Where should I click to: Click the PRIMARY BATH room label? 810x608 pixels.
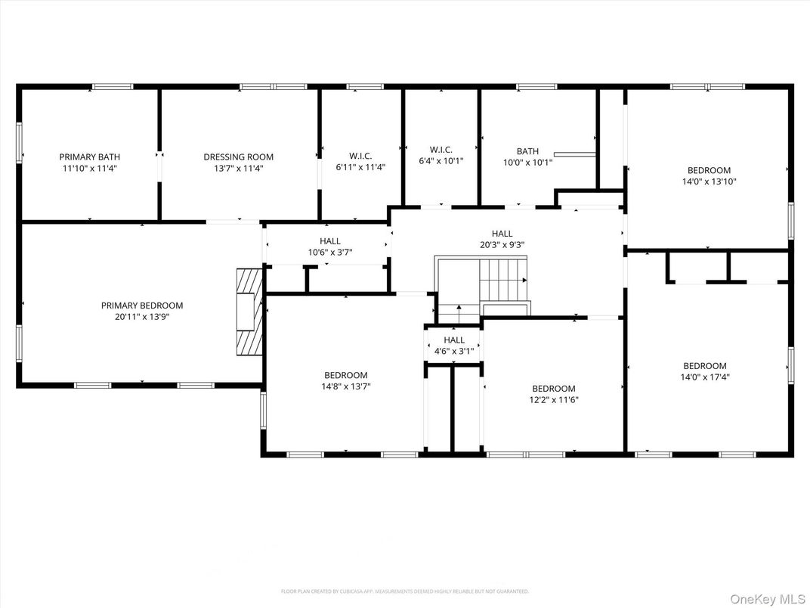[x=89, y=157]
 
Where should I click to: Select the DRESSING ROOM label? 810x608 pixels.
[x=238, y=157]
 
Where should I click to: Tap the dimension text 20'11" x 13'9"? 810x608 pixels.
[x=142, y=317]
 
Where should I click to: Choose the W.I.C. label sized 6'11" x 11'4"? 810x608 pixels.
[x=360, y=157]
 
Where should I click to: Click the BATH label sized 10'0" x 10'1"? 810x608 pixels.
[x=527, y=151]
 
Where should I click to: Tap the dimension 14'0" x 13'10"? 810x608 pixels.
[x=709, y=181]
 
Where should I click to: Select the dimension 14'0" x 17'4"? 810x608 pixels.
[x=705, y=377]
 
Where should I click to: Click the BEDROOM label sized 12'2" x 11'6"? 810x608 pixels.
[x=553, y=389]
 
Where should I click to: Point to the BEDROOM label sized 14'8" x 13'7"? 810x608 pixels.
[x=346, y=375]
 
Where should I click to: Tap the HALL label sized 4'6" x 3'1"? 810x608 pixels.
[x=454, y=340]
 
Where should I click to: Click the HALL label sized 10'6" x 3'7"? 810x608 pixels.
[x=329, y=241]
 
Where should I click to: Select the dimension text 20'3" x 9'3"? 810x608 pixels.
[x=502, y=245]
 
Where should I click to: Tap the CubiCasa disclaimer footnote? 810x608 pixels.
[x=405, y=591]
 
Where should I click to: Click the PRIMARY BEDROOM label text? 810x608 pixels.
[x=142, y=306]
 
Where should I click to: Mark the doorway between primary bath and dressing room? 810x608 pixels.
[x=159, y=166]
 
